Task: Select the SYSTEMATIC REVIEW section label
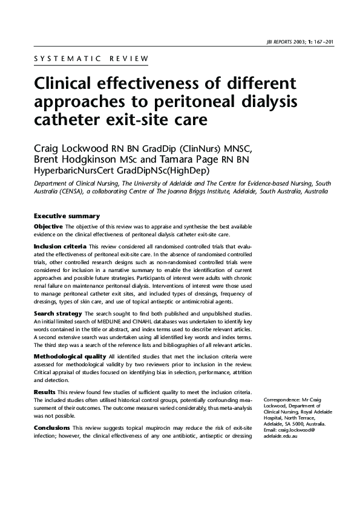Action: click(91, 59)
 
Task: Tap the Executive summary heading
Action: click(67, 216)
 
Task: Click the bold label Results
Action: click(44, 392)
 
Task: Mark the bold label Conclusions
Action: click(52, 428)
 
